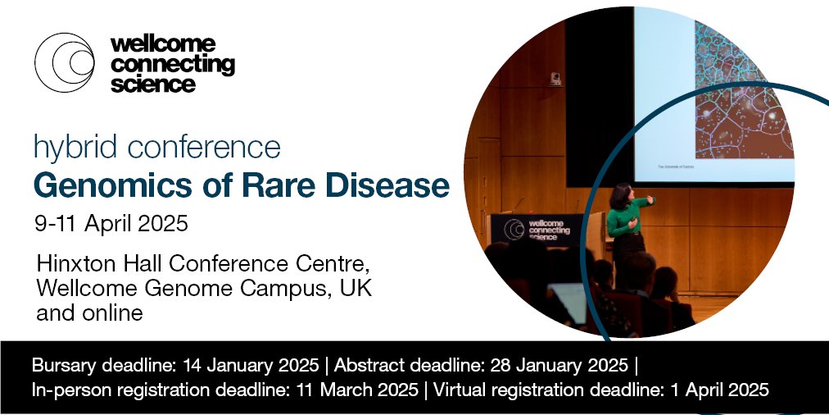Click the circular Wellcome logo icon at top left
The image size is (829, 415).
coord(65,62)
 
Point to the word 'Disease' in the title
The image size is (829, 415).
coord(392,186)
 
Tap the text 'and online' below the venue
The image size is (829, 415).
coord(90,312)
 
